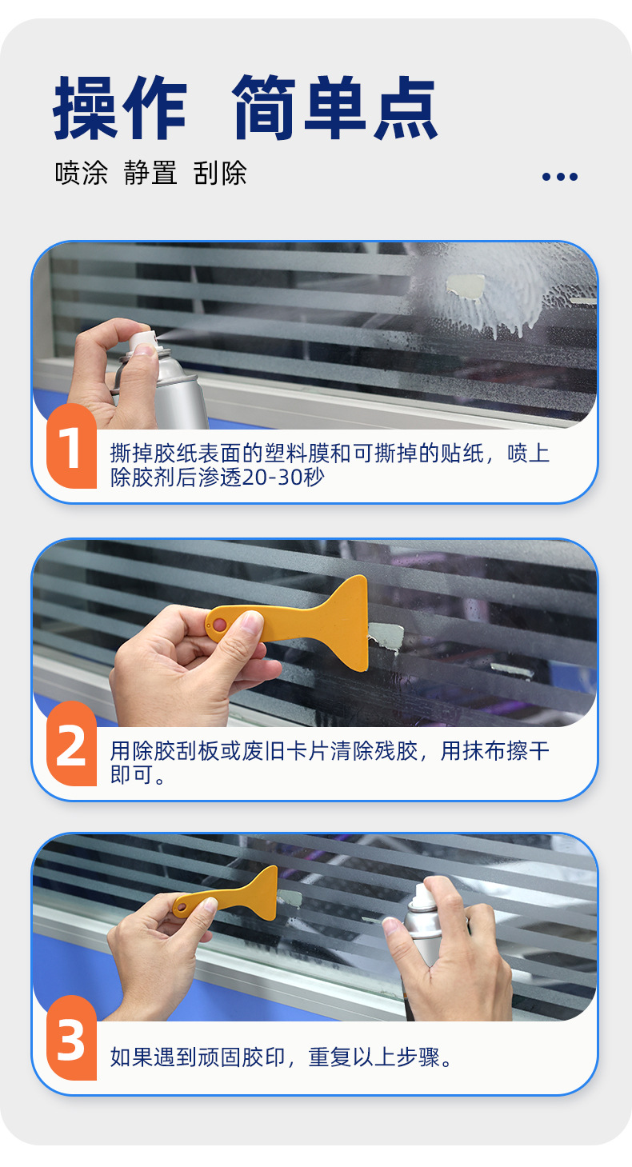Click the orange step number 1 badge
pos(71,446)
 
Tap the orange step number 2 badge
pos(71,743)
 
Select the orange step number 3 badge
pos(71,1037)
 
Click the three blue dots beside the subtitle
pos(559,177)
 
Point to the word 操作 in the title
pos(120,108)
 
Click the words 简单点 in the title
pos(334,107)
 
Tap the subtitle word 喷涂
pos(82,173)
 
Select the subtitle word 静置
pos(150,173)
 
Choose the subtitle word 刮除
pos(220,173)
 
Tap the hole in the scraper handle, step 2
pos(219,625)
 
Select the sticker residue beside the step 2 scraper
pos(386,637)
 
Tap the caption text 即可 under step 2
pos(132,775)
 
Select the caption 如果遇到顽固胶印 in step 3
pos(198,1057)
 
